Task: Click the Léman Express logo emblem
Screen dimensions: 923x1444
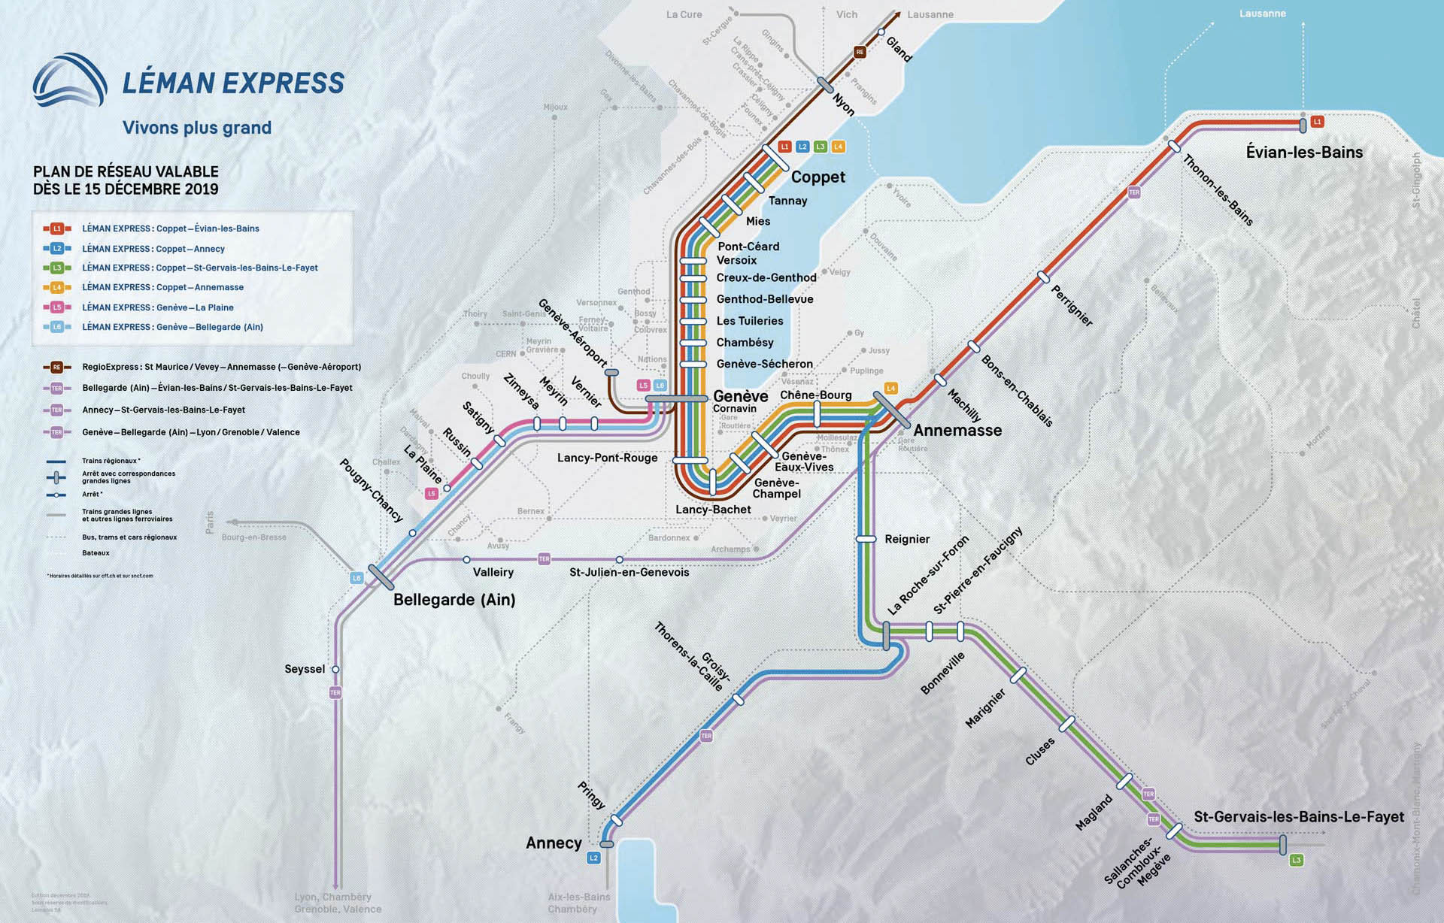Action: click(x=70, y=80)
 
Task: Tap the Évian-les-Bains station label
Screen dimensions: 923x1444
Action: click(x=1304, y=152)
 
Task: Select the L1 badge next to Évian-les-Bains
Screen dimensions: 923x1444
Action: click(x=1317, y=121)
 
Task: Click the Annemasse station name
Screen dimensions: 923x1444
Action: click(x=957, y=430)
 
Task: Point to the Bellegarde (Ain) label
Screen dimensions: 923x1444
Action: click(x=454, y=600)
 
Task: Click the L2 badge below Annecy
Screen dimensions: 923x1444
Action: click(x=593, y=858)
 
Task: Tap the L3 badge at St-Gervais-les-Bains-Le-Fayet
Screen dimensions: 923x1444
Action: click(x=1296, y=860)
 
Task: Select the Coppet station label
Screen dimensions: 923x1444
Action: click(x=818, y=177)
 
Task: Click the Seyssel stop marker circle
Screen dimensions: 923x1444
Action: click(x=335, y=669)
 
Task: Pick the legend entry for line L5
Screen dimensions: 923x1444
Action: click(x=157, y=307)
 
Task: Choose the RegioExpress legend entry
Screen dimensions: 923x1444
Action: click(x=221, y=367)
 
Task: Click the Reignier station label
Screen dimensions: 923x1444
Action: click(x=907, y=539)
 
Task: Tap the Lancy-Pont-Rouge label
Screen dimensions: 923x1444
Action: click(x=607, y=458)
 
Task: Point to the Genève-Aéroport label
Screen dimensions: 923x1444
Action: click(x=572, y=333)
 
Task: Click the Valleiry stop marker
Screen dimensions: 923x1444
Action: click(x=466, y=559)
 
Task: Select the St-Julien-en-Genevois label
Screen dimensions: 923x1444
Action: click(x=629, y=572)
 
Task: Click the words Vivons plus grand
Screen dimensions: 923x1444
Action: click(x=197, y=128)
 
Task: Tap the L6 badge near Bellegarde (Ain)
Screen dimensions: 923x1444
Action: click(x=357, y=578)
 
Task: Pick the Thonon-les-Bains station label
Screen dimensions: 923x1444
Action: click(x=1218, y=190)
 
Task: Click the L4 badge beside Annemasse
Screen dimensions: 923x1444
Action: click(x=890, y=388)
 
